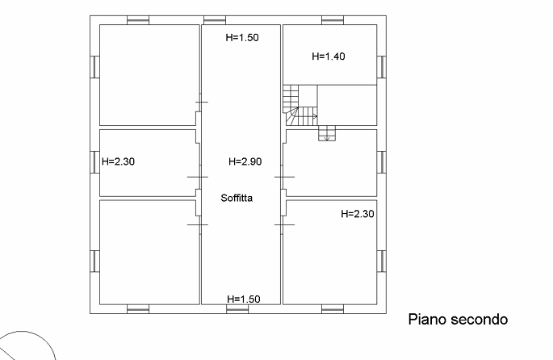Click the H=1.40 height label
[x=328, y=57]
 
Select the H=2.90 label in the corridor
[x=245, y=161]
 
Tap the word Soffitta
[x=237, y=197]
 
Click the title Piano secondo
[x=456, y=320]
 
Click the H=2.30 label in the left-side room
[x=118, y=161]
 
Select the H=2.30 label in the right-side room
[x=358, y=215]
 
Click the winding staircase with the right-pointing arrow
[x=298, y=107]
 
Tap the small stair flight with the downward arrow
[x=327, y=133]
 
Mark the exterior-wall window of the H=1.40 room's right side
[x=381, y=66]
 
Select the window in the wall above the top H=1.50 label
[x=214, y=19]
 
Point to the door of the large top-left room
[x=199, y=103]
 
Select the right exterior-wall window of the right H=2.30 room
[x=381, y=261]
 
